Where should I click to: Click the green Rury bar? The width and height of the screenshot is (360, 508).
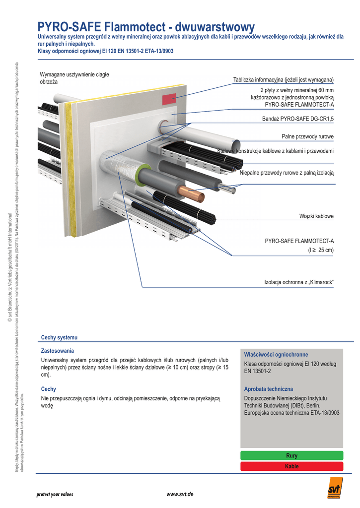[x=291, y=455]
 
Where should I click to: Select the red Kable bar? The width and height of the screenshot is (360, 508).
[x=291, y=466]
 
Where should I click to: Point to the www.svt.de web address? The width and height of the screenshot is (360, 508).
[x=180, y=495]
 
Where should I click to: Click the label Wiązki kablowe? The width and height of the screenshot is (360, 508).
[x=316, y=216]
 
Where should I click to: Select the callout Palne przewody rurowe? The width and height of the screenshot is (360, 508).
[x=307, y=136]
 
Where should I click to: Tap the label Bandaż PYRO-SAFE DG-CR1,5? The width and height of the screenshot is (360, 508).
[x=298, y=119]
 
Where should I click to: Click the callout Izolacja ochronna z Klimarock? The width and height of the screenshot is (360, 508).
[x=298, y=282]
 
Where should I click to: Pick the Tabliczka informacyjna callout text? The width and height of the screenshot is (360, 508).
[x=283, y=80]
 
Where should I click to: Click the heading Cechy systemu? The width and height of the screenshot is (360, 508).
[x=59, y=337]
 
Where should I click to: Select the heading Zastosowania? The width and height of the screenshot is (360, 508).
[x=57, y=350]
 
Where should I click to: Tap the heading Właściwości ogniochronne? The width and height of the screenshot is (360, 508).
[x=276, y=355]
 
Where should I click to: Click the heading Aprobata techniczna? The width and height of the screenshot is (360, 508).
[x=269, y=389]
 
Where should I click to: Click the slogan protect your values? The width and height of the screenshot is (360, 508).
[x=55, y=495]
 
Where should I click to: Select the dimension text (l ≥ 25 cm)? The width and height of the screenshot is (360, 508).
[x=321, y=251]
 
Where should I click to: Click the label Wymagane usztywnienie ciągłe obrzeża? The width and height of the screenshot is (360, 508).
[x=74, y=77]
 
